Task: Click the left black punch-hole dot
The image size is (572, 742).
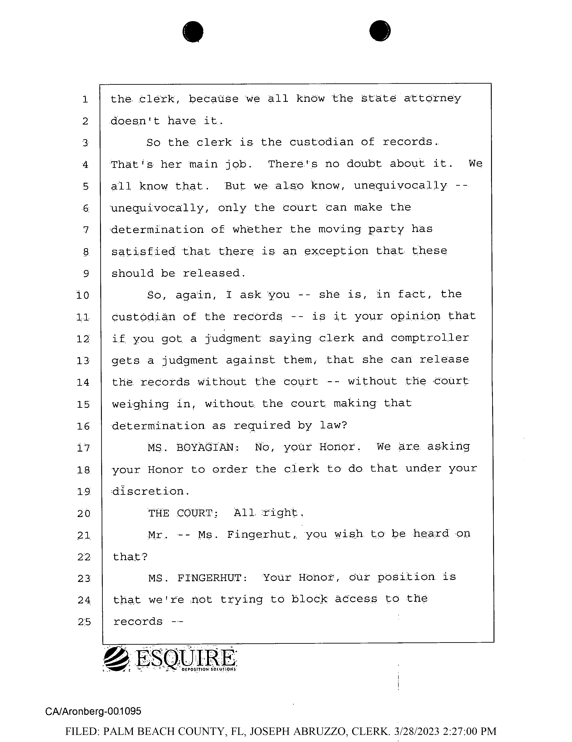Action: pyautogui.click(x=193, y=32)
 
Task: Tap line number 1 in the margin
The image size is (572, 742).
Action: pyautogui.click(x=85, y=100)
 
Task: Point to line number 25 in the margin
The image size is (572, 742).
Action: pyautogui.click(x=84, y=622)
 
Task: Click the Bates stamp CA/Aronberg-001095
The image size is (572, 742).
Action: pyautogui.click(x=93, y=711)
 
